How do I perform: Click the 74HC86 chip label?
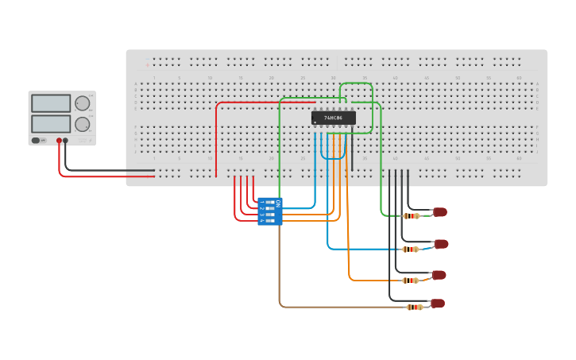click(333, 118)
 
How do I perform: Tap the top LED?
click(440, 212)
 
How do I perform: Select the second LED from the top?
click(441, 244)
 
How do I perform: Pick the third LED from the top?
click(439, 275)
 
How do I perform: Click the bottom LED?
click(437, 303)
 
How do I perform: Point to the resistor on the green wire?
click(412, 215)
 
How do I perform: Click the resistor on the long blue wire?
click(411, 249)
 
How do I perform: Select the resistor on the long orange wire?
click(410, 280)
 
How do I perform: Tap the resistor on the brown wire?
click(414, 307)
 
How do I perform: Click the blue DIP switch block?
click(270, 211)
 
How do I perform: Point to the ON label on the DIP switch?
click(278, 203)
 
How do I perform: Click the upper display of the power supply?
click(51, 103)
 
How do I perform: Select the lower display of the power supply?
click(51, 124)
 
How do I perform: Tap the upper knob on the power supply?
click(83, 103)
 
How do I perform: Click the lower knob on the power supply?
click(83, 124)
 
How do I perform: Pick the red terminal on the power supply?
click(59, 141)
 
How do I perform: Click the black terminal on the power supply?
click(65, 141)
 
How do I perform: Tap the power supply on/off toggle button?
click(36, 141)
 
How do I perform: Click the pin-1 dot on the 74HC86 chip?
click(315, 122)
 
